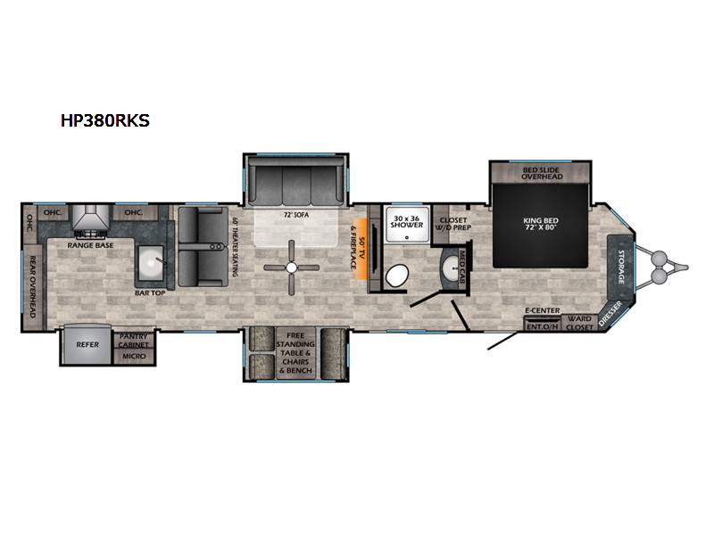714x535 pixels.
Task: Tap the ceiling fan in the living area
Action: [x=293, y=267]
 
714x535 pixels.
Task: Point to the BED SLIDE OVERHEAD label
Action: [x=542, y=172]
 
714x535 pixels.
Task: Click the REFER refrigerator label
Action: [x=87, y=341]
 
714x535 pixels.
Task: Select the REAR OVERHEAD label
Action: [x=30, y=285]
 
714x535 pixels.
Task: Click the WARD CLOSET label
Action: [x=580, y=323]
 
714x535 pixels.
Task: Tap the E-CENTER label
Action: [x=542, y=310]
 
